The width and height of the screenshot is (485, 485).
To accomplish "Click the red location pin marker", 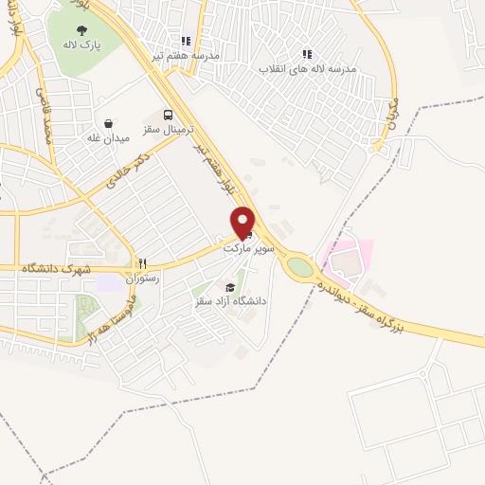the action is click(x=243, y=222).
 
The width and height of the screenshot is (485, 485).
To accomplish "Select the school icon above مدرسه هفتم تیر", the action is click(x=186, y=41).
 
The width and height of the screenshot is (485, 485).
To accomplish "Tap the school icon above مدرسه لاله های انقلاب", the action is click(x=306, y=54).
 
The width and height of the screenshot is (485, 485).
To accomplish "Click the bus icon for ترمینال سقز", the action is click(x=168, y=111).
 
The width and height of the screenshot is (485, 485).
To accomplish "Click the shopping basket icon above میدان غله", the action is click(x=109, y=123).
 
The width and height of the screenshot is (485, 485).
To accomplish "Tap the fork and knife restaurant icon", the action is click(x=142, y=263).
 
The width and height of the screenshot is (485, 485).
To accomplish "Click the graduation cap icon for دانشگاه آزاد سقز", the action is click(x=228, y=287).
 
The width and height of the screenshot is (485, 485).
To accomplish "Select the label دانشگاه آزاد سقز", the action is click(x=229, y=301).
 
